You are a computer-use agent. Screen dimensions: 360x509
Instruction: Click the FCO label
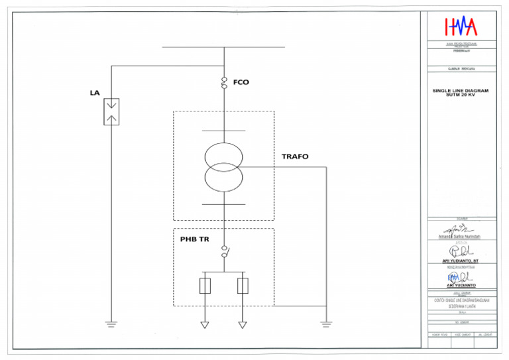tap(241, 82)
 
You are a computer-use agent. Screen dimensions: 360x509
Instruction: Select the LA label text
tap(95, 93)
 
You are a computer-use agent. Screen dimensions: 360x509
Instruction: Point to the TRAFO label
tap(295, 157)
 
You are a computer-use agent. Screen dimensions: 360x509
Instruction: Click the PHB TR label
tap(195, 239)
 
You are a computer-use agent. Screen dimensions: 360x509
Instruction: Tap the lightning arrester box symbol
tap(111, 111)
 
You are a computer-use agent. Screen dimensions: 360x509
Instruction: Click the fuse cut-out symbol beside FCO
tap(224, 83)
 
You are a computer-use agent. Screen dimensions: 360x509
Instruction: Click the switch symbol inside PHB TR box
tap(224, 253)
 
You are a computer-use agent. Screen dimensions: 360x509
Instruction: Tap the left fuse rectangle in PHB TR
tap(205, 286)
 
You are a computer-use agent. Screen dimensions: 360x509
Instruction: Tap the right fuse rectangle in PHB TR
tap(243, 286)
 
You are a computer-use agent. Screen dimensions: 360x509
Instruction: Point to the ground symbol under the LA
tap(111, 324)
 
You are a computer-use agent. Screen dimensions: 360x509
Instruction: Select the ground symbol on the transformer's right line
tap(325, 324)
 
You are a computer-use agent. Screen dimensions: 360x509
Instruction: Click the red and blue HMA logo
tap(461, 26)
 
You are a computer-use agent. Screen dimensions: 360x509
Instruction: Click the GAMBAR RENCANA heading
tap(461, 68)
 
